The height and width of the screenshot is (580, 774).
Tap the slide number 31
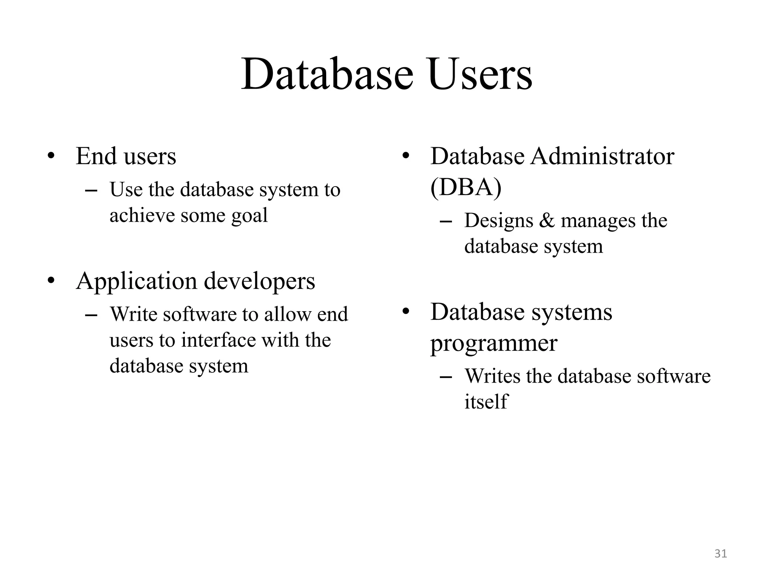pyautogui.click(x=721, y=554)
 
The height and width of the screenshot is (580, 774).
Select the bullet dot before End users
pyautogui.click(x=51, y=156)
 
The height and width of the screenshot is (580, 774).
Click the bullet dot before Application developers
pyautogui.click(x=51, y=281)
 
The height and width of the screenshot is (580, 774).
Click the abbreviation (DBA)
pyautogui.click(x=466, y=187)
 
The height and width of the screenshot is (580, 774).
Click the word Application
pyautogui.click(x=136, y=281)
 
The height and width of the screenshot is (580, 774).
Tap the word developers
pyautogui.click(x=259, y=281)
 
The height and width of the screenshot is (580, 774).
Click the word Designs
pyautogui.click(x=498, y=221)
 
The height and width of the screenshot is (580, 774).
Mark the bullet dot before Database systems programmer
pyautogui.click(x=406, y=312)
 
